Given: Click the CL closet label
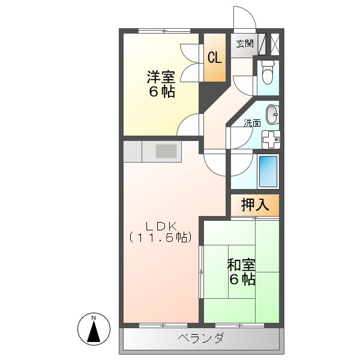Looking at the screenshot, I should pyautogui.click(x=214, y=58).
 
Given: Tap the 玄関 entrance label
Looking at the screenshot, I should pyautogui.click(x=244, y=43).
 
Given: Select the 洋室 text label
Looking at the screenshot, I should pyautogui.click(x=160, y=77).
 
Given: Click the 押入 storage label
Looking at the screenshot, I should pyautogui.click(x=254, y=205).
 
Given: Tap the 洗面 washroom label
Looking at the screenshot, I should pyautogui.click(x=252, y=123).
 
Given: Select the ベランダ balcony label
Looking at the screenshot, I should pyautogui.click(x=200, y=338).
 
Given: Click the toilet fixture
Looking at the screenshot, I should pyautogui.click(x=267, y=73).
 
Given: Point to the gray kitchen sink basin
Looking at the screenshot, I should pyautogui.click(x=166, y=151).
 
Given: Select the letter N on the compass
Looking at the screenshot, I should pyautogui.click(x=94, y=317).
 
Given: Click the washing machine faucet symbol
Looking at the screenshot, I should pyautogui.click(x=271, y=139).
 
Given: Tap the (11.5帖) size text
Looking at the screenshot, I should pyautogui.click(x=160, y=238).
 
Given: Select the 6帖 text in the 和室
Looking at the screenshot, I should pyautogui.click(x=242, y=279).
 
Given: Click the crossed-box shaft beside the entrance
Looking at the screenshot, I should pyautogui.click(x=275, y=44).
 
